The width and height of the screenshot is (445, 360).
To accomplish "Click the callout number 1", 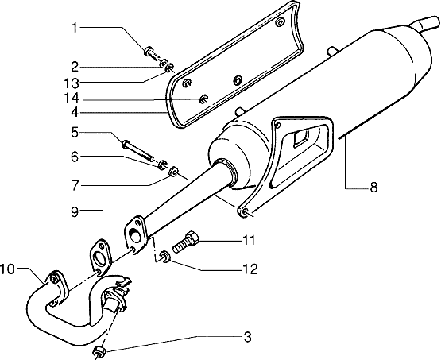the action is pyautogui.click(x=75, y=28).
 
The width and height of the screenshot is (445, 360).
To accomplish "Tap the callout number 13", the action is pyautogui.click(x=72, y=83).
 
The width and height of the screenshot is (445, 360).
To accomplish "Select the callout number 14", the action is pyautogui.click(x=72, y=99).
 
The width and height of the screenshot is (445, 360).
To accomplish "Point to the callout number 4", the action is pyautogui.click(x=75, y=112).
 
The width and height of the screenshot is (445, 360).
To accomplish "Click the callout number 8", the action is pyautogui.click(x=373, y=188).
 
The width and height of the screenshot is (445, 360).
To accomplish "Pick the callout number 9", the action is pyautogui.click(x=75, y=212).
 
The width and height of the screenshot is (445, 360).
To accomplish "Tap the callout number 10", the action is pyautogui.click(x=7, y=269).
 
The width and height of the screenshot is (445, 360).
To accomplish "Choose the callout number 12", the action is pyautogui.click(x=250, y=269).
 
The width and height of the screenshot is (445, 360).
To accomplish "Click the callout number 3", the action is pyautogui.click(x=247, y=337).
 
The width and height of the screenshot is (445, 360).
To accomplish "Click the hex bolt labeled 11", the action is pyautogui.click(x=186, y=242).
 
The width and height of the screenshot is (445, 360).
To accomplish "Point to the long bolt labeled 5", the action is pyautogui.click(x=138, y=149).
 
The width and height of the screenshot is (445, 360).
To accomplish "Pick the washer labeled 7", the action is pyautogui.click(x=173, y=171).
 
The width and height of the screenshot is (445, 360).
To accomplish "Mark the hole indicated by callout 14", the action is pyautogui.click(x=203, y=99).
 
